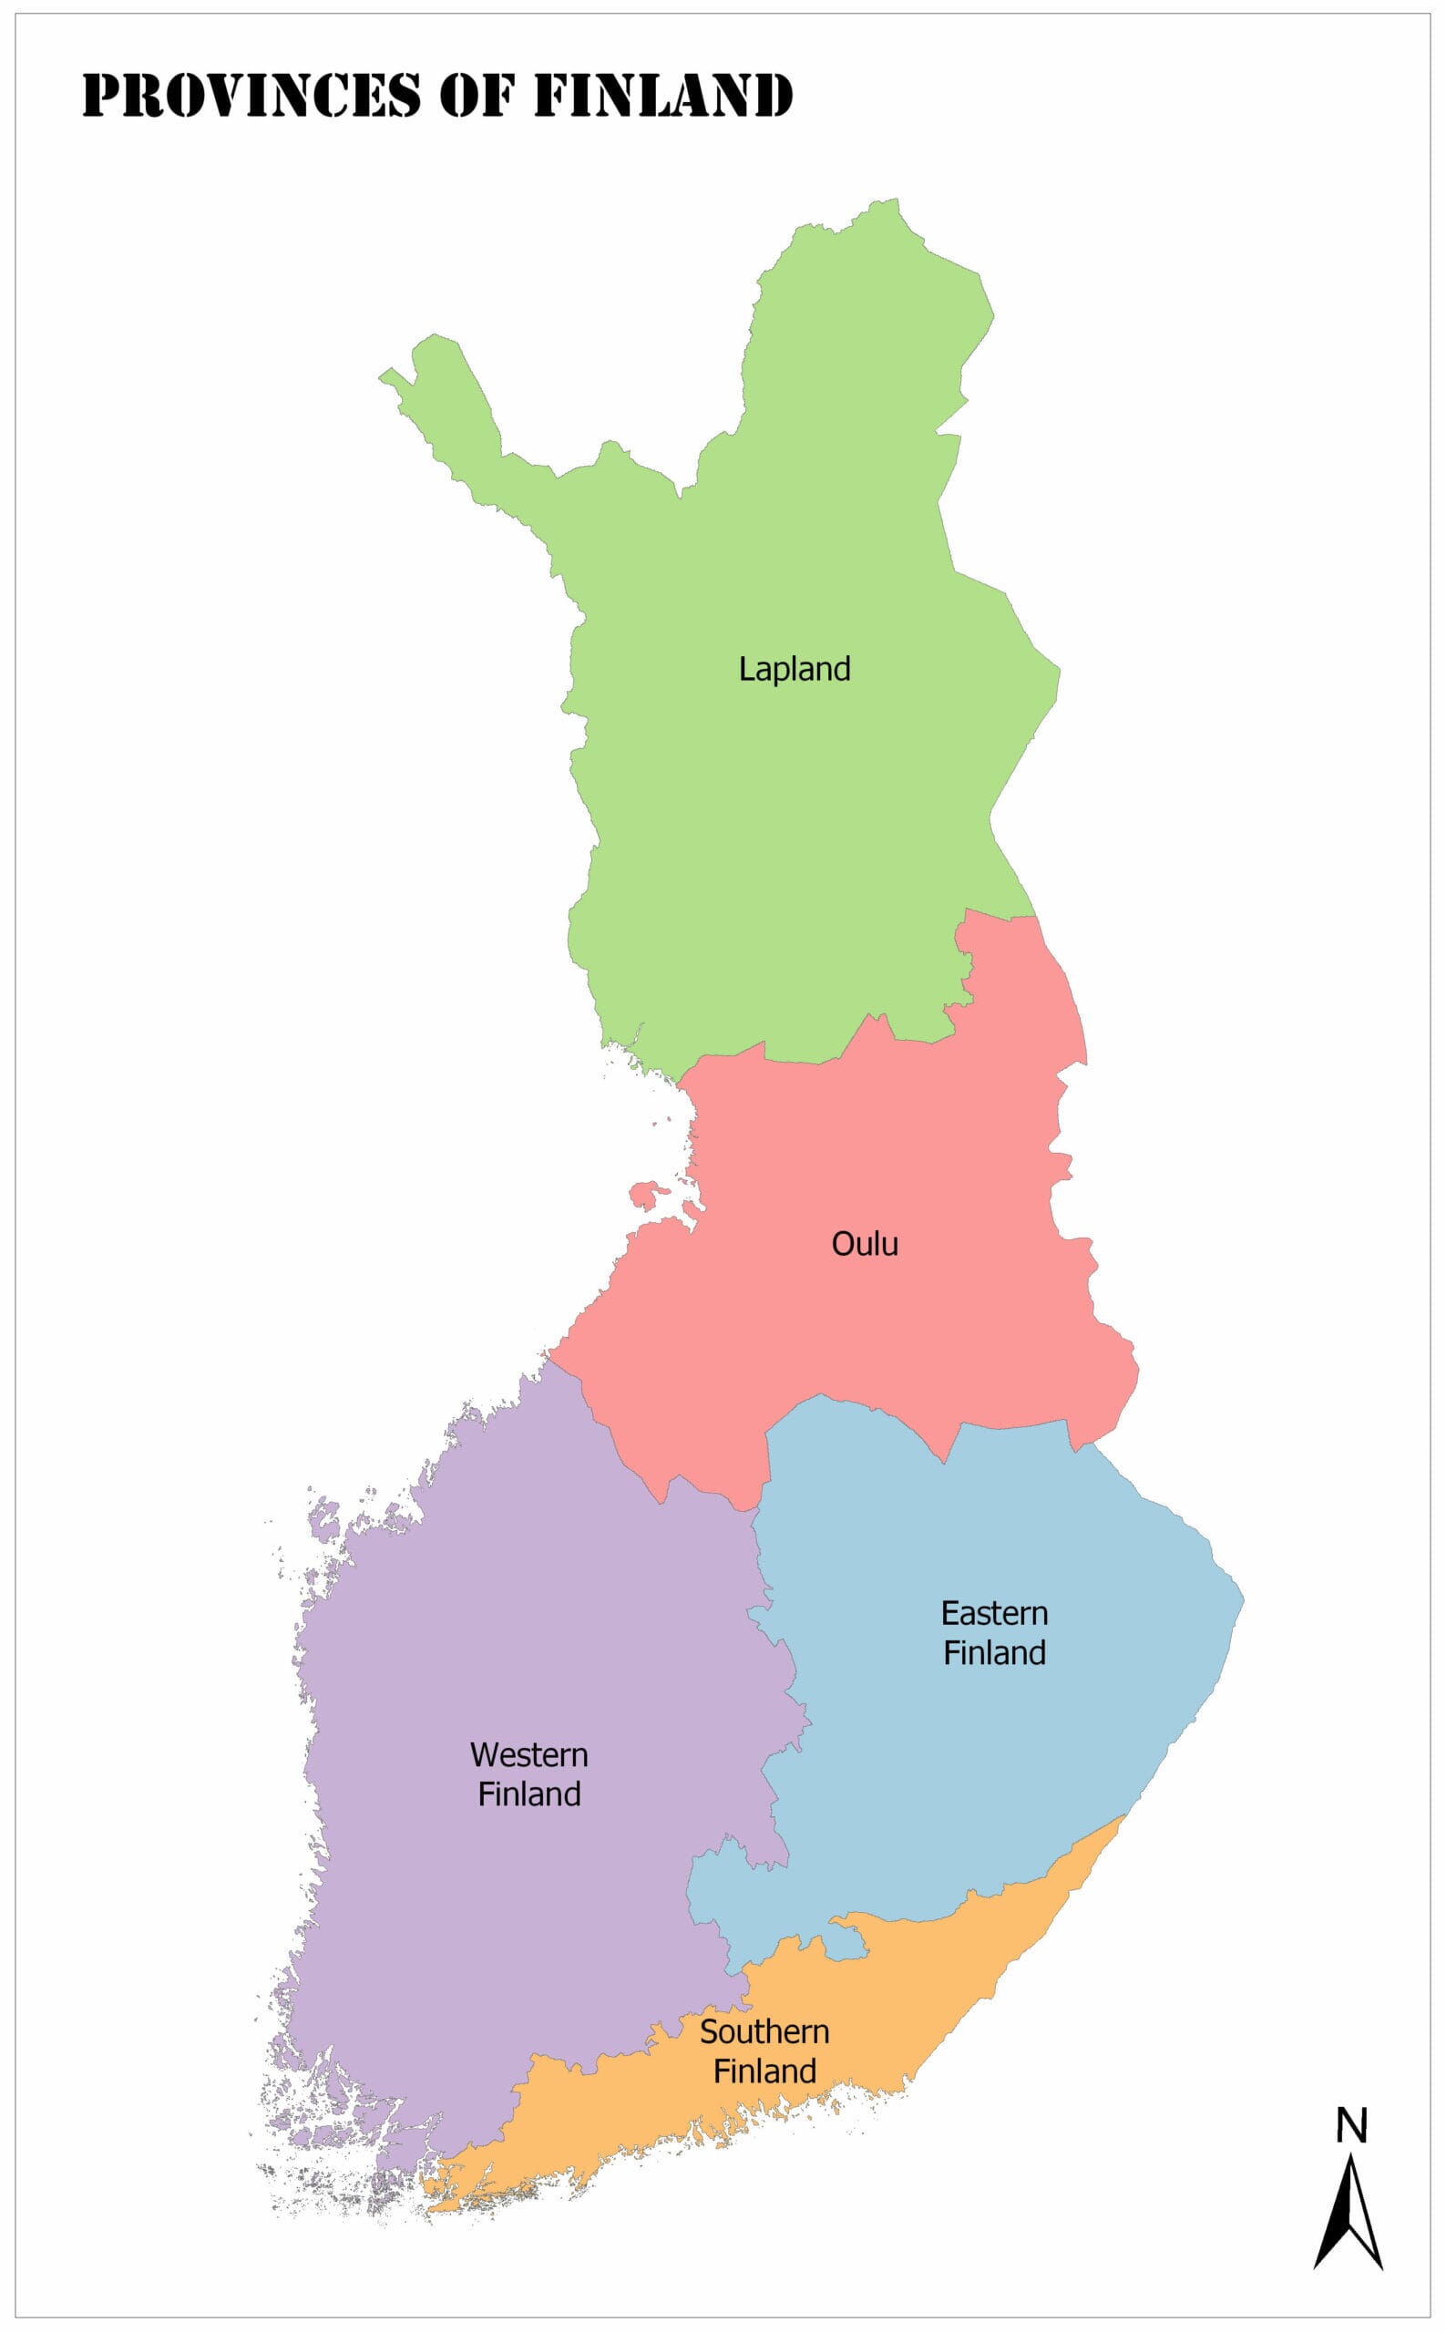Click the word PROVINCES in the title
(x=251, y=96)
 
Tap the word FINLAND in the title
(x=662, y=96)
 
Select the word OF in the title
(x=477, y=96)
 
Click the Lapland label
(x=794, y=669)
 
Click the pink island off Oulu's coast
(x=649, y=1194)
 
